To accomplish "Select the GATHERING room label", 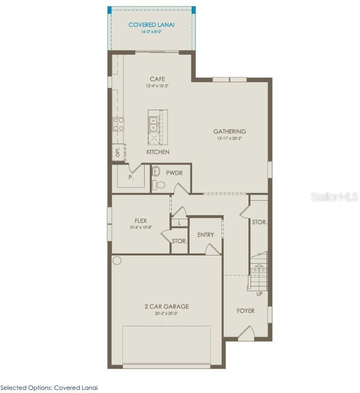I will point(229,131).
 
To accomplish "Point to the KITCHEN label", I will point(158,152).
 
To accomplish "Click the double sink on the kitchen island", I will point(153,124).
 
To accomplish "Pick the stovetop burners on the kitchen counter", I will point(118,124).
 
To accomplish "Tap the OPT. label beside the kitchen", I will point(117,153).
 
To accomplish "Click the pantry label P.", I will point(131,177).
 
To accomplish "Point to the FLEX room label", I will point(140,221).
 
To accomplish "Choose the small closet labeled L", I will point(179,222).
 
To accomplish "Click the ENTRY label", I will point(206,235).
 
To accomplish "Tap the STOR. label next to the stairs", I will point(259,222).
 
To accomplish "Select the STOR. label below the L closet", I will point(179,241).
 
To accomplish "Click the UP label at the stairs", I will point(259,294).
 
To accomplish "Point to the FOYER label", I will point(245,311).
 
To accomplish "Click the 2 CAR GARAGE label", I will point(166,306).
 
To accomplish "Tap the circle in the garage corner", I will point(117,260).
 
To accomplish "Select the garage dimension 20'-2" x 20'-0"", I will point(166,313).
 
